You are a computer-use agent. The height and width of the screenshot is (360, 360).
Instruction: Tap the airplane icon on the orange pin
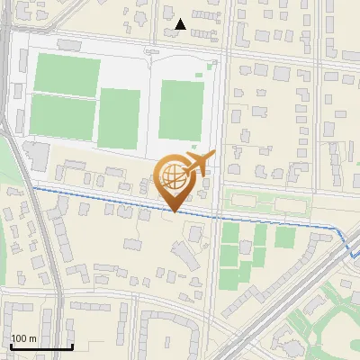pyautogui.click(x=199, y=164)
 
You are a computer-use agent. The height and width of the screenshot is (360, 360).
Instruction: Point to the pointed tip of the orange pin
pyautogui.click(x=174, y=211)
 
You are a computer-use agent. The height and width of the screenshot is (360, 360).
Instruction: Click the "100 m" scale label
pyautogui.click(x=23, y=338)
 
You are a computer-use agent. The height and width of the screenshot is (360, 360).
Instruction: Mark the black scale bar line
pyautogui.click(x=40, y=346)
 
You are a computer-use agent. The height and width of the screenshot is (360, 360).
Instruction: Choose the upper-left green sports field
pyautogui.click(x=67, y=75)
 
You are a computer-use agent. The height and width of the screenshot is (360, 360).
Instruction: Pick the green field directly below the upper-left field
pyautogui.click(x=63, y=114)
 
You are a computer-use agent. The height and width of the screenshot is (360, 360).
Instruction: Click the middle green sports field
pyautogui.click(x=120, y=118)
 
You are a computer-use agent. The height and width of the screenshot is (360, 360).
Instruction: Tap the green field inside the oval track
pyautogui.click(x=180, y=110)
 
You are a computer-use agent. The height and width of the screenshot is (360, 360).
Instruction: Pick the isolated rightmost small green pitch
pyautogui.click(x=285, y=237)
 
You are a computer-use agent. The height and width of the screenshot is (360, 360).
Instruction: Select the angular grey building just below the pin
pyautogui.click(x=183, y=256)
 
